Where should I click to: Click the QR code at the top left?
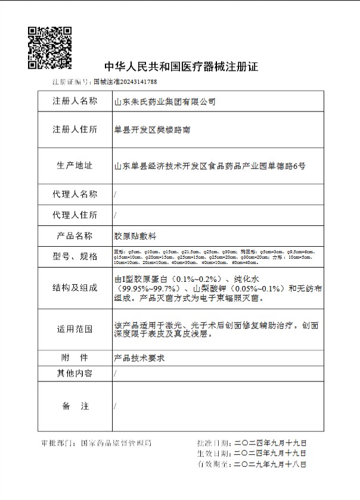tap(51, 46)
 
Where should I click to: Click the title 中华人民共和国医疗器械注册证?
tap(181, 66)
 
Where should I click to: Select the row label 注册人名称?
tap(75, 101)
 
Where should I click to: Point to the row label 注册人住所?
tap(75, 129)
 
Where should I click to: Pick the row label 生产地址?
tap(75, 166)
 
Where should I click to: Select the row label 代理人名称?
tap(75, 194)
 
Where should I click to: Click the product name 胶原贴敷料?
tap(134, 236)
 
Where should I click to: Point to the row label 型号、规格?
tap(75, 257)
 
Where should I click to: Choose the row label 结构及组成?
tap(75, 288)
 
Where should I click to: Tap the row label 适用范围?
tap(75, 329)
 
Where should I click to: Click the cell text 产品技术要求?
tap(139, 358)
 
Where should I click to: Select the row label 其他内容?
tap(75, 374)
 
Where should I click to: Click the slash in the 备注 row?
tap(115, 406)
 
